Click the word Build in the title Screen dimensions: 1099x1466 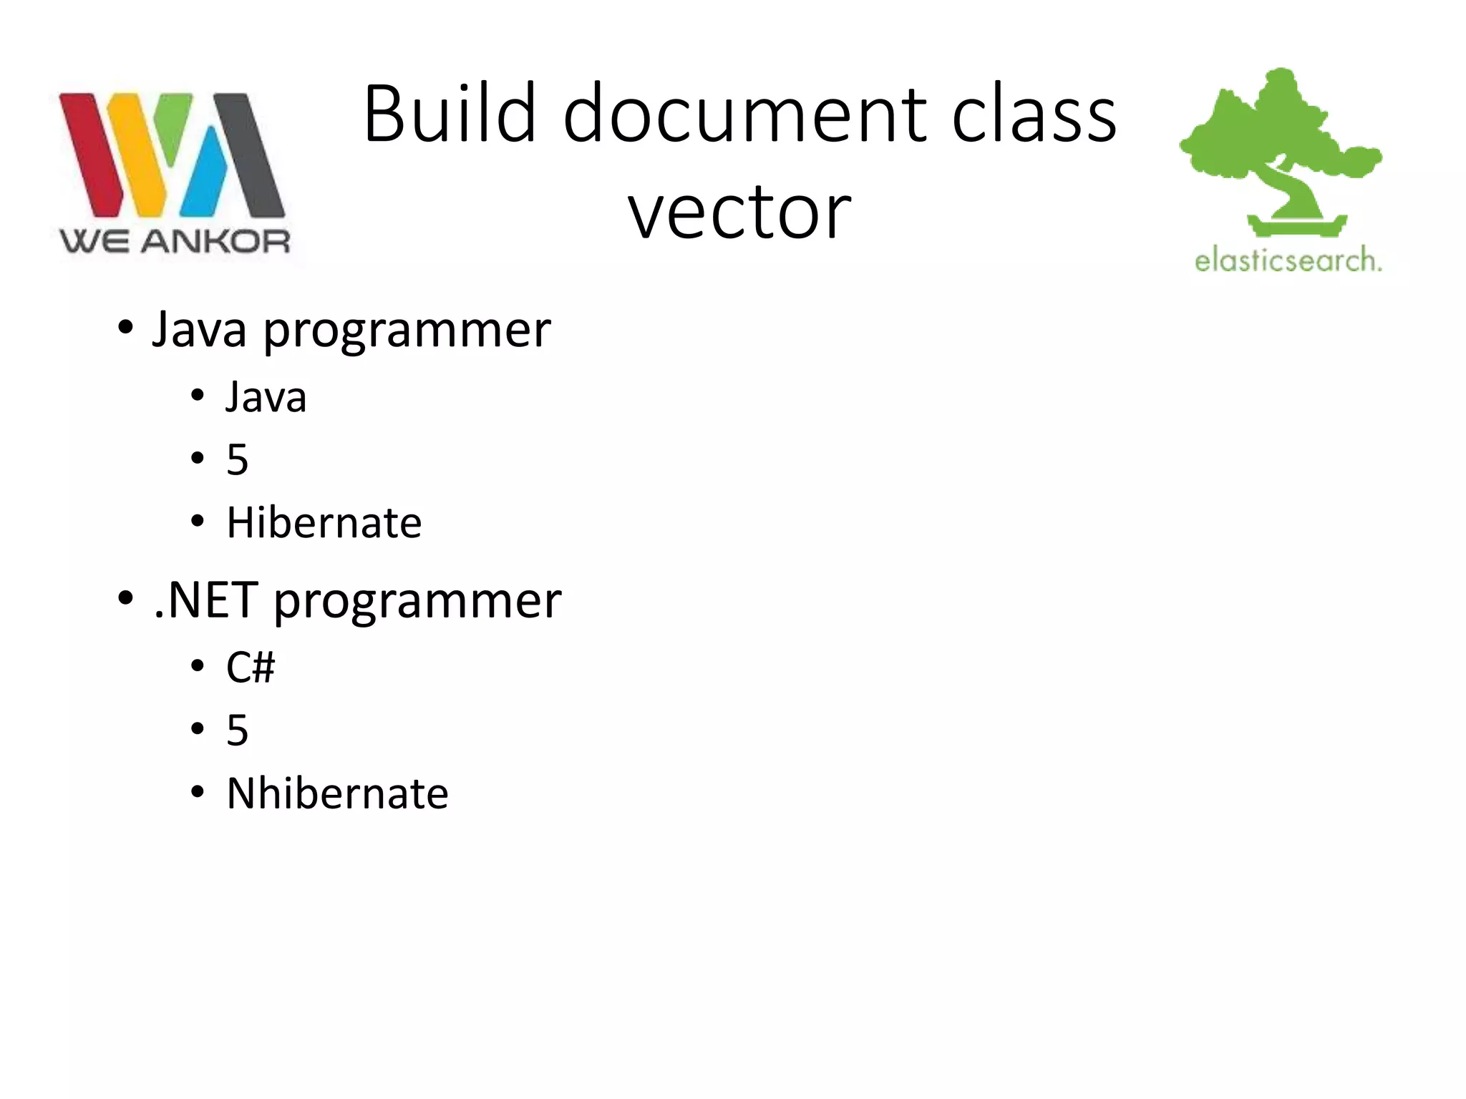coord(450,114)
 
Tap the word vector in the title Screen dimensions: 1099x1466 coord(739,212)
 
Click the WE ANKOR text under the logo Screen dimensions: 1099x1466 coord(175,242)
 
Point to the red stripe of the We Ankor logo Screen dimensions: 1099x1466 coord(90,154)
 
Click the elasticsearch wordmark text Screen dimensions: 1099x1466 coord(1288,260)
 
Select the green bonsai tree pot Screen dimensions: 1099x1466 coord(1297,226)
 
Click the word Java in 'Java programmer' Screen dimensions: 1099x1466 coord(200,330)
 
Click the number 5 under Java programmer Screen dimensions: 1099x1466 coord(238,459)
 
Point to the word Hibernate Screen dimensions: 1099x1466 coord(324,522)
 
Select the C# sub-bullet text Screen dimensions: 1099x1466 coord(251,668)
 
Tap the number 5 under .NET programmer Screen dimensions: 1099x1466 coord(238,731)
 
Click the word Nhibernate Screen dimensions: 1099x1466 coord(337,793)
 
